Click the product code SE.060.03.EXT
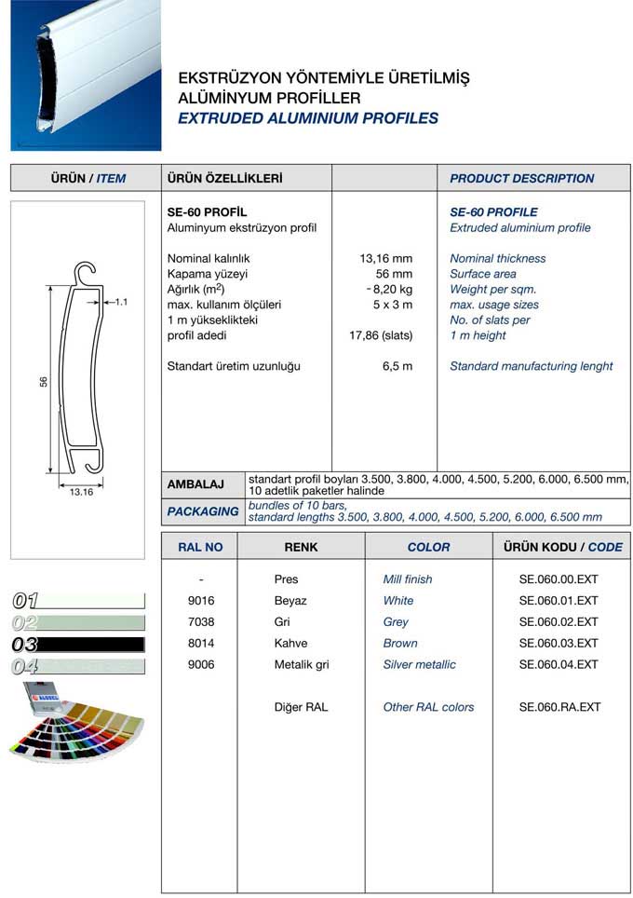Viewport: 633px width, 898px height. [x=559, y=643]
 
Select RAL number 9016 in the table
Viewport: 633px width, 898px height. [x=201, y=601]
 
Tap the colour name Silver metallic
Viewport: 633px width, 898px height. [x=419, y=664]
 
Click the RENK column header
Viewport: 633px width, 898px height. [x=301, y=547]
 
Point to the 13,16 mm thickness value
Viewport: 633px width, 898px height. [x=385, y=258]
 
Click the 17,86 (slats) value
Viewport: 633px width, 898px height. [x=380, y=335]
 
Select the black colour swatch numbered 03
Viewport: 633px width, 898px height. [x=78, y=645]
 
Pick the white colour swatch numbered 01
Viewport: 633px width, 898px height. [x=78, y=601]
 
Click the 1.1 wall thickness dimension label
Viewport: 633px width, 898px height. [x=121, y=302]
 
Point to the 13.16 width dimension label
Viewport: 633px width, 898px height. [x=81, y=492]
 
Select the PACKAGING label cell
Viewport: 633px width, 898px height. [x=203, y=511]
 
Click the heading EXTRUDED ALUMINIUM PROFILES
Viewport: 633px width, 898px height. [x=307, y=118]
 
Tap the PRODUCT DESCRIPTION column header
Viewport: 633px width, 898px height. [x=521, y=178]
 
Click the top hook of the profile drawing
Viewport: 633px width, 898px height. [x=88, y=273]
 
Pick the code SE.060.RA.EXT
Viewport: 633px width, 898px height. [x=559, y=707]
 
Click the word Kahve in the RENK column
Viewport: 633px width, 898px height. [x=290, y=643]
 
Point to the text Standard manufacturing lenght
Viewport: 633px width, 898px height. [x=531, y=366]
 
